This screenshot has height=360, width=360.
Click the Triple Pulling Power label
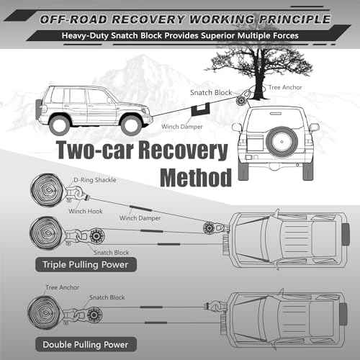[86, 265]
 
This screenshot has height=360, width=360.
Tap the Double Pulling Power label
[86, 345]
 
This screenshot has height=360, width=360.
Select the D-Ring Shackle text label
[95, 180]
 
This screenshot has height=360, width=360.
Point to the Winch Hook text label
[86, 211]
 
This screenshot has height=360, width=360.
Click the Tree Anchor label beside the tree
[285, 87]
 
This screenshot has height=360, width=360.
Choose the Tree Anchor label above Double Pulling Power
[63, 287]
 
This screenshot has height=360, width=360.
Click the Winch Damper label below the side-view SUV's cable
[182, 127]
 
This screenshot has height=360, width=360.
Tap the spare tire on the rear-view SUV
[282, 141]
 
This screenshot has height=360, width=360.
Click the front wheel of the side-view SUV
[131, 125]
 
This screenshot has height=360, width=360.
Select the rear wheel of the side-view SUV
[59, 125]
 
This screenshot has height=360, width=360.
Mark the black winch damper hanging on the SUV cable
[201, 109]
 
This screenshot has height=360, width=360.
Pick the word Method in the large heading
[196, 178]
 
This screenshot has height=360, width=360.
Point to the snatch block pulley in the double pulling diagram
[94, 315]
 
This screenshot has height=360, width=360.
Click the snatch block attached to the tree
[240, 100]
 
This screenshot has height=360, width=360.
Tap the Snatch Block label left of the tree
[211, 93]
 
